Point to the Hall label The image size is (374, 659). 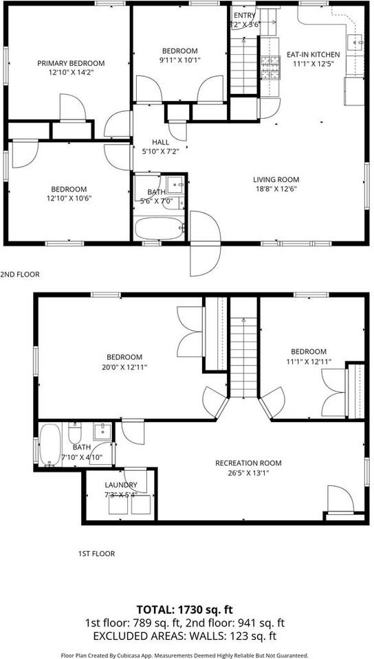(x=160, y=142)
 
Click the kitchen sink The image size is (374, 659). (x=355, y=43)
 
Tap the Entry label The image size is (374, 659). (x=244, y=15)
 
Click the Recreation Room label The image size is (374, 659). (x=248, y=463)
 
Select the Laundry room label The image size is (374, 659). (x=120, y=485)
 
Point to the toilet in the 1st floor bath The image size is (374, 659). (x=75, y=433)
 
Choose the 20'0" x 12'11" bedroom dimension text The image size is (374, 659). (x=124, y=367)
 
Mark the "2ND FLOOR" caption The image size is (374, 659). (x=20, y=274)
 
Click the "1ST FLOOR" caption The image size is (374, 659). (x=96, y=553)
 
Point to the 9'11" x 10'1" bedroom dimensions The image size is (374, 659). (x=179, y=60)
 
